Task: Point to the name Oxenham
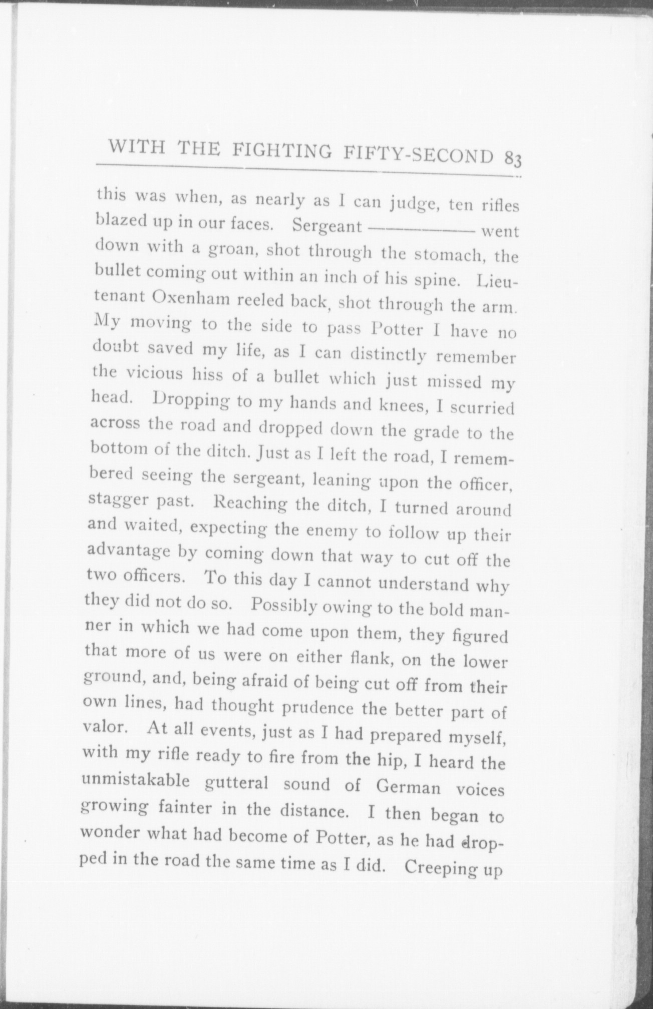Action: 190,299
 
